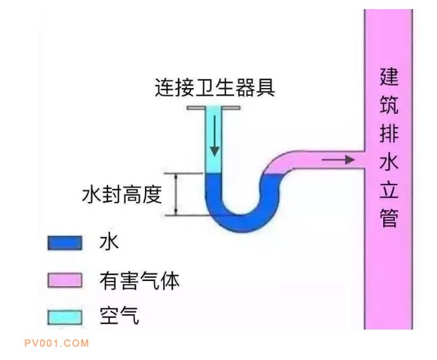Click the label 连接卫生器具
coord(214,87)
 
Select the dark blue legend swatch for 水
coord(65,243)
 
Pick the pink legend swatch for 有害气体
coord(65,280)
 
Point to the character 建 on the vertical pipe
coord(389,78)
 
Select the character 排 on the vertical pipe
coord(389,135)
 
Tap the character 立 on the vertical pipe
coord(389,190)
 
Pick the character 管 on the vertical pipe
coord(389,218)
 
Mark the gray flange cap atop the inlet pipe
coord(214,107)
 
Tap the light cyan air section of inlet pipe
coord(214,155)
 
